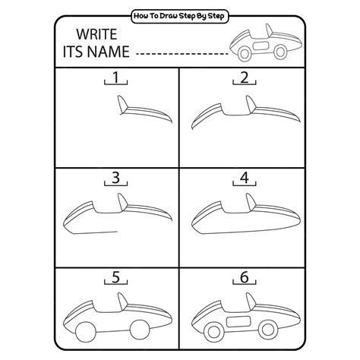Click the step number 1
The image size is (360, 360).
(x=115, y=78)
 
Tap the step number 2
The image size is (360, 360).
(x=244, y=77)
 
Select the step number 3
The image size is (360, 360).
(x=115, y=178)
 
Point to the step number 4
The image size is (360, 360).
(x=244, y=178)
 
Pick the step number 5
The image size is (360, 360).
(x=115, y=279)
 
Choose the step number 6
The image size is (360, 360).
(x=244, y=279)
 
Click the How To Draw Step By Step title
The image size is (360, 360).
(x=179, y=14)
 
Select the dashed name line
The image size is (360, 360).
(x=182, y=54)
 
